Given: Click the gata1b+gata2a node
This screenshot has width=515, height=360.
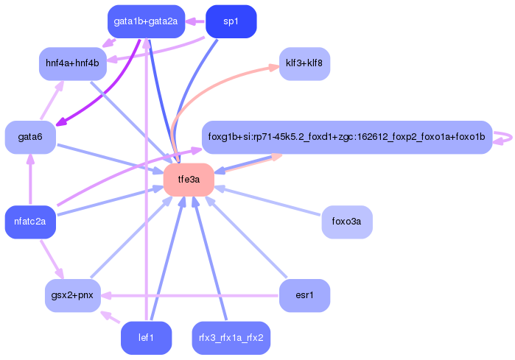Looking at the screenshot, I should [x=145, y=21].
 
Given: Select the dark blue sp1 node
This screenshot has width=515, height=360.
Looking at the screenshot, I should [x=231, y=21].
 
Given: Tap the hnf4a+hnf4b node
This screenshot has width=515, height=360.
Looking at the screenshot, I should [x=72, y=64].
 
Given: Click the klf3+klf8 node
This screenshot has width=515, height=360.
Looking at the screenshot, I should [x=304, y=64].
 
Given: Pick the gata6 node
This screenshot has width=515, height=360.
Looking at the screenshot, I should [x=30, y=138].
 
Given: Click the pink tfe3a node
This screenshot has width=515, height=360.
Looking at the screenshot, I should [x=189, y=180].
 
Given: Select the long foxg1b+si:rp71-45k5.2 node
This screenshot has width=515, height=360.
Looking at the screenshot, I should [x=346, y=137].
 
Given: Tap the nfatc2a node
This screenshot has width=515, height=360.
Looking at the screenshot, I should [x=30, y=222].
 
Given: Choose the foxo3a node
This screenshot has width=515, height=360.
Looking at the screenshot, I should [x=346, y=222].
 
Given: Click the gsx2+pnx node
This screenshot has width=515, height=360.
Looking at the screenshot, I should [x=72, y=296].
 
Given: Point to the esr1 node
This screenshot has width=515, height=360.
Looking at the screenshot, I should [x=304, y=296].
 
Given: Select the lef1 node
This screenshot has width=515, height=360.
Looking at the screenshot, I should [x=146, y=338].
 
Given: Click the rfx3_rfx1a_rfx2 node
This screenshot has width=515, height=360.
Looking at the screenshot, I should [x=231, y=338].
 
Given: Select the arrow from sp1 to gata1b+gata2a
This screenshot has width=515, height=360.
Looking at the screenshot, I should [x=194, y=21].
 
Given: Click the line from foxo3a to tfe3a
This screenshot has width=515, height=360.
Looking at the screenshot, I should [x=269, y=201].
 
